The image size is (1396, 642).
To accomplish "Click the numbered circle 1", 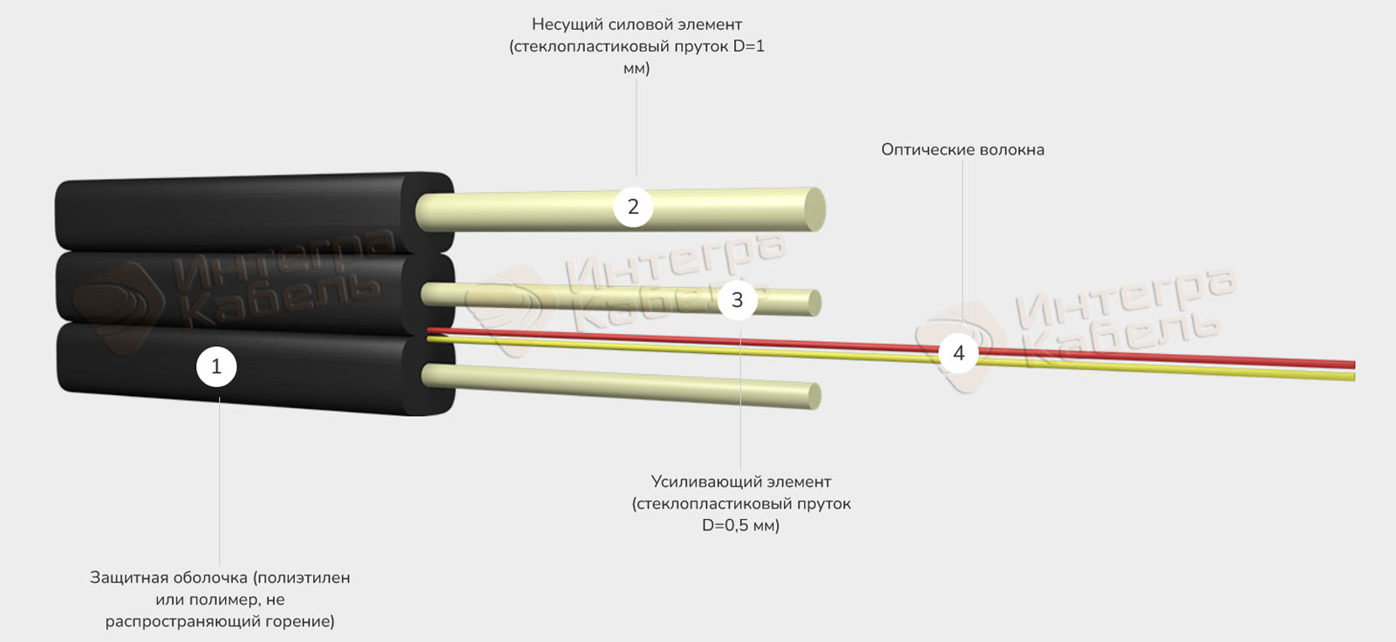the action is (216, 366).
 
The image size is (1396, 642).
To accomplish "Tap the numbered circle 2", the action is (633, 207).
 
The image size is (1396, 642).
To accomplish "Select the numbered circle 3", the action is (737, 300).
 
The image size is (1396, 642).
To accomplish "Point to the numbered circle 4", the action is (958, 353).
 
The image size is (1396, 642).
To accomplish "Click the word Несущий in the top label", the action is (562, 25).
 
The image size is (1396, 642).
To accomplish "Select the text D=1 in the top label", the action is (748, 46).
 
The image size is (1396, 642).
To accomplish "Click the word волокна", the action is (1011, 150).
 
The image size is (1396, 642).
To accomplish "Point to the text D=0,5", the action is (725, 526).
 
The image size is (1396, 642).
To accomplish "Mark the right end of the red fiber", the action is (1354, 365).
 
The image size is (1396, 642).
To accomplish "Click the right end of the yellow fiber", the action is (1354, 377).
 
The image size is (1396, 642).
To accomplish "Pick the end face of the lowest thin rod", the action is (814, 397).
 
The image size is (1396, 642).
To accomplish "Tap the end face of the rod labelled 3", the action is (814, 303).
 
